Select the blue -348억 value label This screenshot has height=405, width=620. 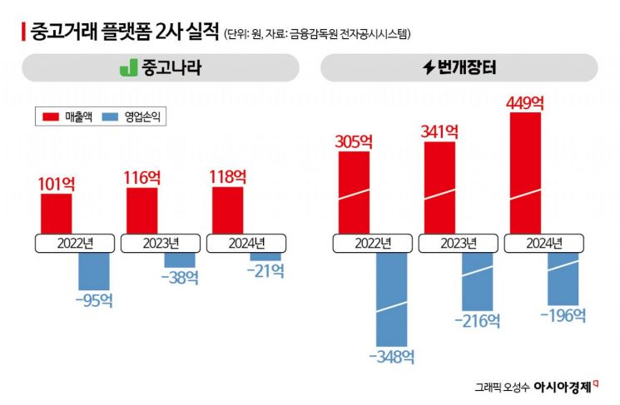pos(392,358)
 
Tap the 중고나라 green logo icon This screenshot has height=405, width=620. pos(127,68)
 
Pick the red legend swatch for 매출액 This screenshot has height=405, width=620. pos(49,118)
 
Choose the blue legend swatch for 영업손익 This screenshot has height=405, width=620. pos(107,118)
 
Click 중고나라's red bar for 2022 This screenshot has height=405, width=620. pos(57,214)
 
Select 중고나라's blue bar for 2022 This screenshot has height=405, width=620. pos(93,271)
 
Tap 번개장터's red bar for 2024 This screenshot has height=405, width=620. pos(524,173)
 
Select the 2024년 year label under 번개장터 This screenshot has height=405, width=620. pos(544,244)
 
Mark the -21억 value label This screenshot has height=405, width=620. pos(265,270)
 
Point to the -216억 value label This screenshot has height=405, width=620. pos(478,321)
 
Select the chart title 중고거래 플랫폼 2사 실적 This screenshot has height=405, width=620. pos(124,32)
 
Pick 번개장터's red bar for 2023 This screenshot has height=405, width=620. pos(439,188)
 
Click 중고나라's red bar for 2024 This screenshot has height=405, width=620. pos(227,210)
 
